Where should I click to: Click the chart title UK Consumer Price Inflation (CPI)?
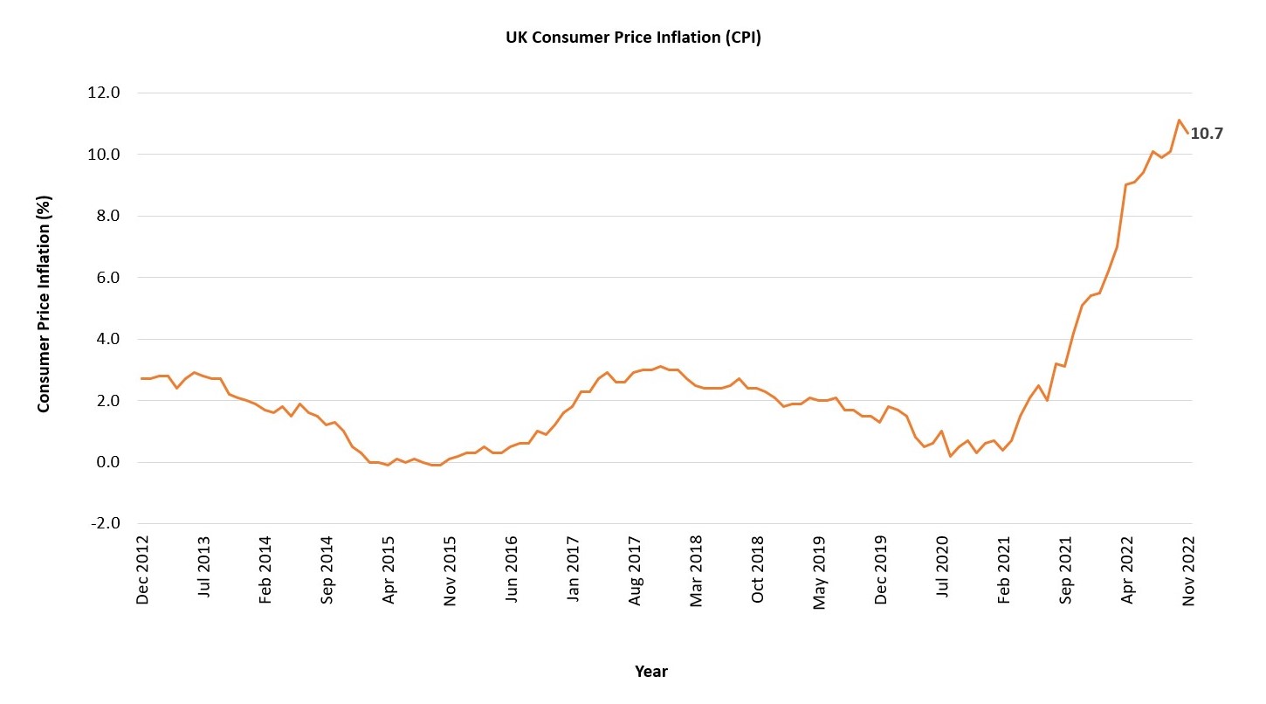pyautogui.click(x=633, y=38)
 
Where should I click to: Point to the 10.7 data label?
pyautogui.click(x=1207, y=134)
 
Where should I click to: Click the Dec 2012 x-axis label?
pyautogui.click(x=143, y=570)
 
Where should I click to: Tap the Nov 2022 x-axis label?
pyautogui.click(x=1188, y=570)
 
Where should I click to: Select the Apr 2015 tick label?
pyautogui.click(x=389, y=570)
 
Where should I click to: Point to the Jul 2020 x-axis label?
pyautogui.click(x=943, y=570)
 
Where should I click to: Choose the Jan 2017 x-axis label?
pyautogui.click(x=574, y=570)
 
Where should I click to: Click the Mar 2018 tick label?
pyautogui.click(x=697, y=570)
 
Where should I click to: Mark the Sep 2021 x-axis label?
pyautogui.click(x=1066, y=570)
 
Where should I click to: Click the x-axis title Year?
pyautogui.click(x=650, y=672)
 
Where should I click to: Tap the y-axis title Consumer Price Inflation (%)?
pyautogui.click(x=45, y=304)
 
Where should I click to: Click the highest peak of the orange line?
pyautogui.click(x=1179, y=121)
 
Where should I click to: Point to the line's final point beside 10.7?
pyautogui.click(x=1187, y=133)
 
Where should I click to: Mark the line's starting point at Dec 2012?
pyautogui.click(x=142, y=378)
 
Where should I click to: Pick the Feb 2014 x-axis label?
pyautogui.click(x=266, y=570)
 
